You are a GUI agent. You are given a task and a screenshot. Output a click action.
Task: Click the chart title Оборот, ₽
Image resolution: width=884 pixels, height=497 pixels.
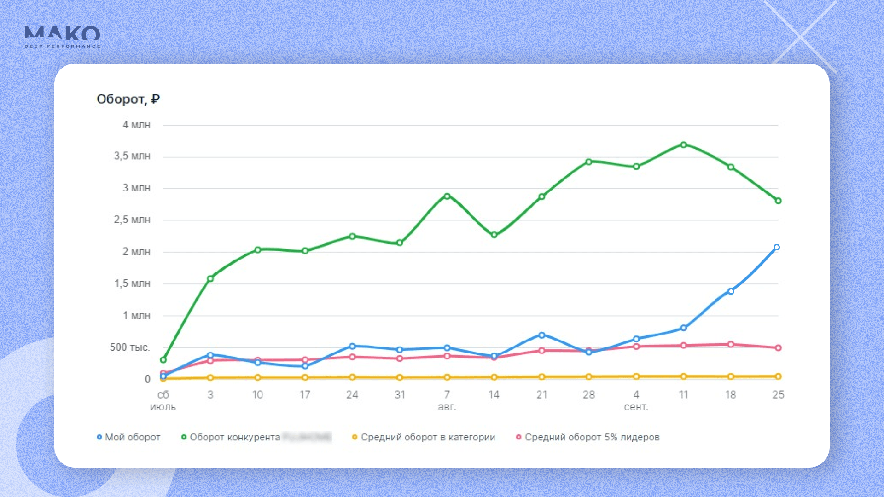point(128,99)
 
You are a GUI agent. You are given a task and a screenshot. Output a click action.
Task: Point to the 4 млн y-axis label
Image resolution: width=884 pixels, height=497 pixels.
point(136,125)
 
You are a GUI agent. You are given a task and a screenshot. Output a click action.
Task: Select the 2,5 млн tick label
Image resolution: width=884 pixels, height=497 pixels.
point(132,220)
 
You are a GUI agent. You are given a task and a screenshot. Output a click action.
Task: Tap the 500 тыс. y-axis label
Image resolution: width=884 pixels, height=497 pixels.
point(130,347)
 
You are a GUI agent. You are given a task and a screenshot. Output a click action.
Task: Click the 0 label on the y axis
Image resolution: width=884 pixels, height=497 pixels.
point(147,379)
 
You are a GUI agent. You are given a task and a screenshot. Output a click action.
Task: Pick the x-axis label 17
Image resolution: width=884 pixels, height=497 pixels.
point(305,395)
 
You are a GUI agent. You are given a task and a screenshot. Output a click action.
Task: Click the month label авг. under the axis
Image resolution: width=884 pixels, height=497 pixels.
point(447,407)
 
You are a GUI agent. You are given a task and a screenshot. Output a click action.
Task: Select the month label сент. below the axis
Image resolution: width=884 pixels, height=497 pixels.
point(636,407)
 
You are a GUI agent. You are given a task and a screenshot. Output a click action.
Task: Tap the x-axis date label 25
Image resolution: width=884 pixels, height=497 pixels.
point(778,395)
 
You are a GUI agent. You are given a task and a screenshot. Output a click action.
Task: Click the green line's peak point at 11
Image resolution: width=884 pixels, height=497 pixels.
point(683,145)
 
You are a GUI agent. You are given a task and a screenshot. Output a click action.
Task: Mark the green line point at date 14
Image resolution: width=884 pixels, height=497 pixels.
point(494,235)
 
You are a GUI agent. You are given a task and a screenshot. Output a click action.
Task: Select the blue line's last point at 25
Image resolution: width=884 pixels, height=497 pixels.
point(776,248)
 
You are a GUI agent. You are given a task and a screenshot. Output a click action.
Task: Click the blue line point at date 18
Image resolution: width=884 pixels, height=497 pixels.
point(731,291)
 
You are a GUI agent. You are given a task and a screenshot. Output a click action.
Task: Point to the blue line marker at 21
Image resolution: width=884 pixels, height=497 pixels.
point(541,335)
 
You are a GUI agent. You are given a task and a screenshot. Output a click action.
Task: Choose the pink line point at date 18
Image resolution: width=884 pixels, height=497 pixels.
point(731,344)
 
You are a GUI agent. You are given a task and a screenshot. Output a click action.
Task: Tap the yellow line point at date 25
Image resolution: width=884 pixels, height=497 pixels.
point(778,376)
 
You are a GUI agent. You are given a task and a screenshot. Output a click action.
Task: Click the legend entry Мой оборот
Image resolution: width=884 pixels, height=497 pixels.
point(128,437)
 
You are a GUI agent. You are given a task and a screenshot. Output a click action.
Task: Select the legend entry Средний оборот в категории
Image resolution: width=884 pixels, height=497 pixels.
point(424,437)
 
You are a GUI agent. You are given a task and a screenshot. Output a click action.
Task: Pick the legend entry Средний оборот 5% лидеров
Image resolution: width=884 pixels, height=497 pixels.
point(588,437)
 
